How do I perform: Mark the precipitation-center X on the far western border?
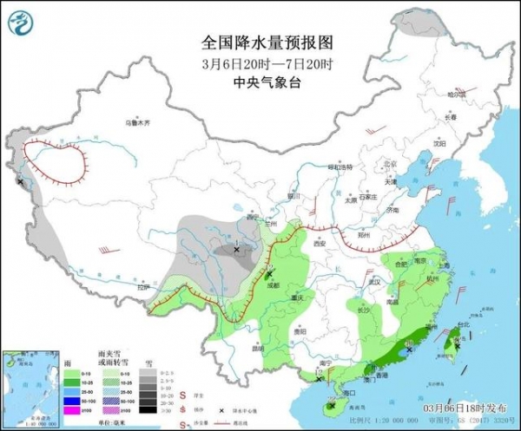pos(20,181)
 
